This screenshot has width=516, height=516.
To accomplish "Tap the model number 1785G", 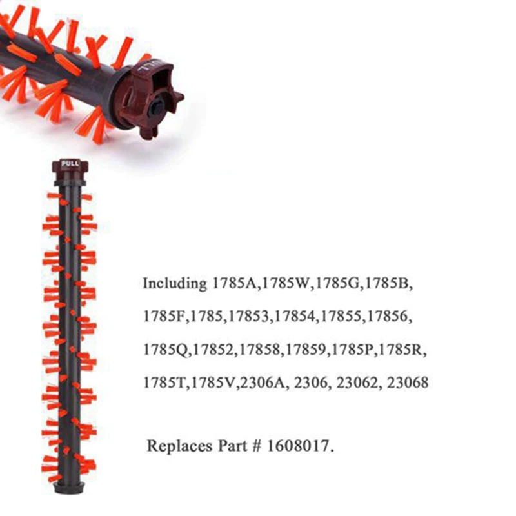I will coord(337,284).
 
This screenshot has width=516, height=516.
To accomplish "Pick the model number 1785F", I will coord(164,317).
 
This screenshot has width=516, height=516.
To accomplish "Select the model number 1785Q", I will coord(166,350).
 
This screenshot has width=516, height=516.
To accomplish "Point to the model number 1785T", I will coord(164,382).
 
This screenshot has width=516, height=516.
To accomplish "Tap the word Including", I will coord(172,284).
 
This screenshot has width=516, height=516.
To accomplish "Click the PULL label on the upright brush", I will coord(70,164).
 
